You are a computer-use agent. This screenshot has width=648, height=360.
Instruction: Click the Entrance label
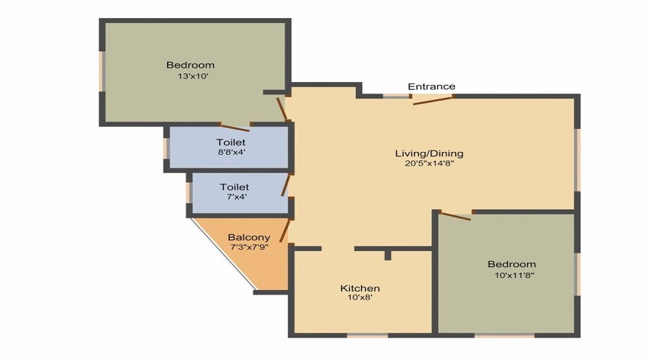point(431,86)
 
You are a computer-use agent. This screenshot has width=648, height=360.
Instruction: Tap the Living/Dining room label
point(429,153)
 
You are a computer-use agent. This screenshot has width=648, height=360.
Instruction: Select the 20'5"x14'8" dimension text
point(429,163)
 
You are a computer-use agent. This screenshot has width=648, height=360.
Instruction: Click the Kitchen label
point(360,289)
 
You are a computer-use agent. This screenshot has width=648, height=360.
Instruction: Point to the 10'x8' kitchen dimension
point(360,298)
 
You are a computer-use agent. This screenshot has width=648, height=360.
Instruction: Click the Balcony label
point(248,238)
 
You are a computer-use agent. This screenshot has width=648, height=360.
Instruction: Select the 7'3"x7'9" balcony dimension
point(248,247)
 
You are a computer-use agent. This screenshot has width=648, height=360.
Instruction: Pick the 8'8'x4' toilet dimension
point(230,152)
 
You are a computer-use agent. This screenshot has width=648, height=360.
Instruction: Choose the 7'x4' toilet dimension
point(234,197)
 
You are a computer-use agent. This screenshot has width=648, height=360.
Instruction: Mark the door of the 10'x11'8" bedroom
point(455,215)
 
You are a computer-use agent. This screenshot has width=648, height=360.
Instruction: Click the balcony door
point(284,231)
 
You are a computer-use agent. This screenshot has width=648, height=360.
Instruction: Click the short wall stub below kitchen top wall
point(387,255)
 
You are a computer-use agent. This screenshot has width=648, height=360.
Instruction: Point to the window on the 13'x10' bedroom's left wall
point(103,71)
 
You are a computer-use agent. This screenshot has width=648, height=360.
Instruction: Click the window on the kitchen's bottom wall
point(367,335)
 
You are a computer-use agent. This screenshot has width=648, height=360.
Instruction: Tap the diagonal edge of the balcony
point(223,256)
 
